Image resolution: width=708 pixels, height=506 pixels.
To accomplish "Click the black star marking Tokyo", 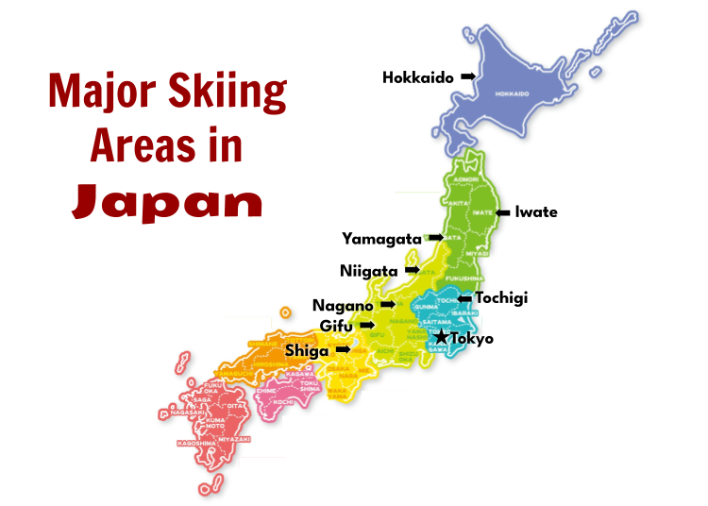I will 441,336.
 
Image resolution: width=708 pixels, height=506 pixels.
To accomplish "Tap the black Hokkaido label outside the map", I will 418,77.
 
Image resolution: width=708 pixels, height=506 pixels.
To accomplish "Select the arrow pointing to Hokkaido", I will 468,76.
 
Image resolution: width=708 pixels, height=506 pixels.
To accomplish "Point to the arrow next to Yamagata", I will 434,237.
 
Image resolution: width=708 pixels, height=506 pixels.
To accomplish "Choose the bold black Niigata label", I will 369,271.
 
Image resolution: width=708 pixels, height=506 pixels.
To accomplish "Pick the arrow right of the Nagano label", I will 388,305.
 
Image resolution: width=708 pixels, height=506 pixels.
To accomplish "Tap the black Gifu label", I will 337,326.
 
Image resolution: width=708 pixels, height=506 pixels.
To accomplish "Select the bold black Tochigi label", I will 501,297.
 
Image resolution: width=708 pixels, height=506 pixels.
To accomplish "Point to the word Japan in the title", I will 167,199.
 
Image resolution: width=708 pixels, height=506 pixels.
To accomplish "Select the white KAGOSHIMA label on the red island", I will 194,442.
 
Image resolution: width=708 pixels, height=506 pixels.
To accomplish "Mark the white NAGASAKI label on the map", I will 188,412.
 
